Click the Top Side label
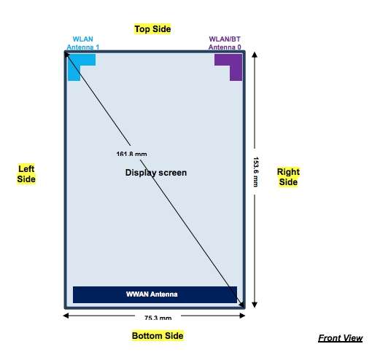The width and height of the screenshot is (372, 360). coord(152,29)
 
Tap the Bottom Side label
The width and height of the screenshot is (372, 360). coord(158,336)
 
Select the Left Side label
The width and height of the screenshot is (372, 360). coord(26,174)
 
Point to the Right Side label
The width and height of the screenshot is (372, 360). coord(288,177)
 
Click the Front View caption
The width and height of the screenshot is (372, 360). coord(340,338)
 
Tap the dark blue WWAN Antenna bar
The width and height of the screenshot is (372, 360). coord(155,294)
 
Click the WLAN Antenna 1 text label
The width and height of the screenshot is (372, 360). coord(83,43)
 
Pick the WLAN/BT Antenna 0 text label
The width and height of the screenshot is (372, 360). coord(225,43)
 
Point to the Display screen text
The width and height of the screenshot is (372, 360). coord(156,173)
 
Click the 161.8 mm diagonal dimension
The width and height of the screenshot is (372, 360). coord(131,154)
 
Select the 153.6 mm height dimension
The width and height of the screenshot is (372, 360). coord(255,172)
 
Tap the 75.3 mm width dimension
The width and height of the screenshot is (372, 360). coord(158,318)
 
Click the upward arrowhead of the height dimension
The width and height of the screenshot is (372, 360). coord(255,55)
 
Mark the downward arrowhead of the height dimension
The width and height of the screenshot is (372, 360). coord(255,305)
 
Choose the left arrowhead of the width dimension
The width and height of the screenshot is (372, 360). coord(66,316)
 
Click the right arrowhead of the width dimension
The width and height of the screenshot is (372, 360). coord(242,316)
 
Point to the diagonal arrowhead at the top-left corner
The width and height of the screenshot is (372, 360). coord(66,54)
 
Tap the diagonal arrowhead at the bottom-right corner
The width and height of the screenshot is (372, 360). coord(241,305)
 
